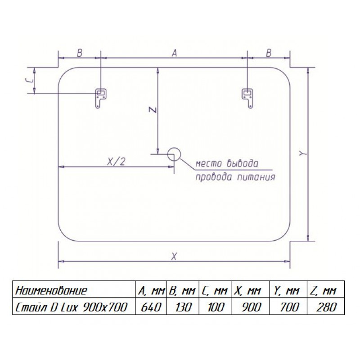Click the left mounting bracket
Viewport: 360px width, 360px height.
tap(100, 98)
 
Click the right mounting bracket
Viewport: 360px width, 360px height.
tap(247, 98)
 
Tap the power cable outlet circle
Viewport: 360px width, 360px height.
tap(174, 154)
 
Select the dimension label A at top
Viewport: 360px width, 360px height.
tap(175, 53)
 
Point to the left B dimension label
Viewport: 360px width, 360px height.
tap(80, 53)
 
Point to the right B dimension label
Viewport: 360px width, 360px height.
tap(269, 53)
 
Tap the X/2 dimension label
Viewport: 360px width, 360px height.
tap(117, 162)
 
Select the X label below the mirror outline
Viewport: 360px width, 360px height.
tap(174, 256)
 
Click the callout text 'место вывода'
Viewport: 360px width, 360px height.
tap(227, 163)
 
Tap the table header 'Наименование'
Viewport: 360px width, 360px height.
tap(51, 290)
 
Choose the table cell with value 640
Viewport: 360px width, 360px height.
tap(151, 307)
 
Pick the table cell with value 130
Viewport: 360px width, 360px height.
tap(183, 307)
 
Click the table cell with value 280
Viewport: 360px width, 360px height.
tap(326, 307)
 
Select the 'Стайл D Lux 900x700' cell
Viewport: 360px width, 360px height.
tap(71, 307)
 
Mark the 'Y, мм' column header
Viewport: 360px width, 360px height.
tap(286, 291)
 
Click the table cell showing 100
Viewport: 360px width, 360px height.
tap(215, 307)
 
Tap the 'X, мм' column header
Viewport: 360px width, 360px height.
tap(247, 291)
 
